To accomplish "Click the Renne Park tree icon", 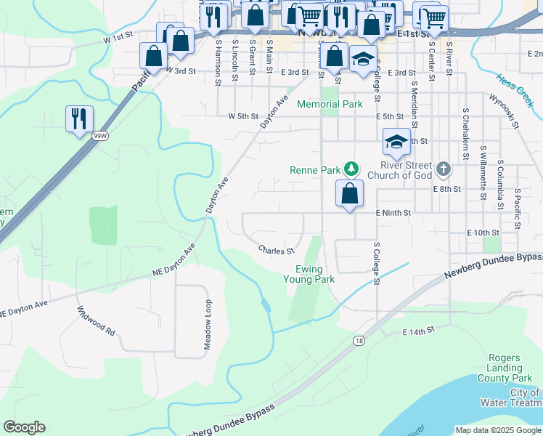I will click(x=351, y=169).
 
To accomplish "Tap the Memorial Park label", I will click(x=330, y=104).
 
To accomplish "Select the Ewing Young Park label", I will click(x=309, y=273).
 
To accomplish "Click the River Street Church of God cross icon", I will click(x=444, y=170).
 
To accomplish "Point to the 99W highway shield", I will click(x=99, y=135).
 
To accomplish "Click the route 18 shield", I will click(x=359, y=340).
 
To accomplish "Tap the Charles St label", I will click(x=276, y=251).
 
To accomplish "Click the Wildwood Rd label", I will click(x=96, y=320).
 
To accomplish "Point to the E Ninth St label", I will click(x=393, y=213).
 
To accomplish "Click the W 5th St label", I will click(x=243, y=116).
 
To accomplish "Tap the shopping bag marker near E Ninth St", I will click(x=349, y=194).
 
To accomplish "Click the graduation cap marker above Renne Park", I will click(x=396, y=142).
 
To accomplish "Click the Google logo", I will click(x=24, y=427).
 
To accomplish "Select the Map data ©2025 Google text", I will click(x=497, y=430).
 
